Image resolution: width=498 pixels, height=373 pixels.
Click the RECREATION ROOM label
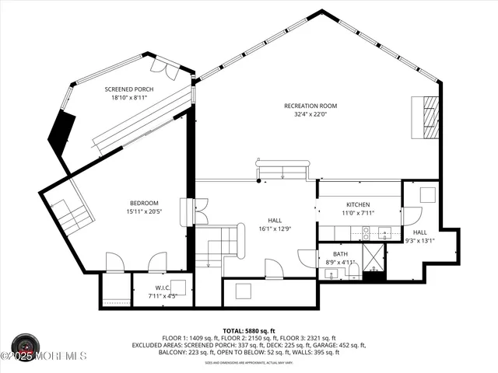pos(310,106)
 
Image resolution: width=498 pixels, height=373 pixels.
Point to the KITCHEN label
pos(358,204)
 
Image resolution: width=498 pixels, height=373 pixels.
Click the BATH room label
pos(341,254)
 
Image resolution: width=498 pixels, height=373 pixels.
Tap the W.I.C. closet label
pos(162,288)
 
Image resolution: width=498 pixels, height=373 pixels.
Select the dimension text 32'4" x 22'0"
pos(310,114)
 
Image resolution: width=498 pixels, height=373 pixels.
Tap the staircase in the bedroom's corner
pos(69,215)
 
